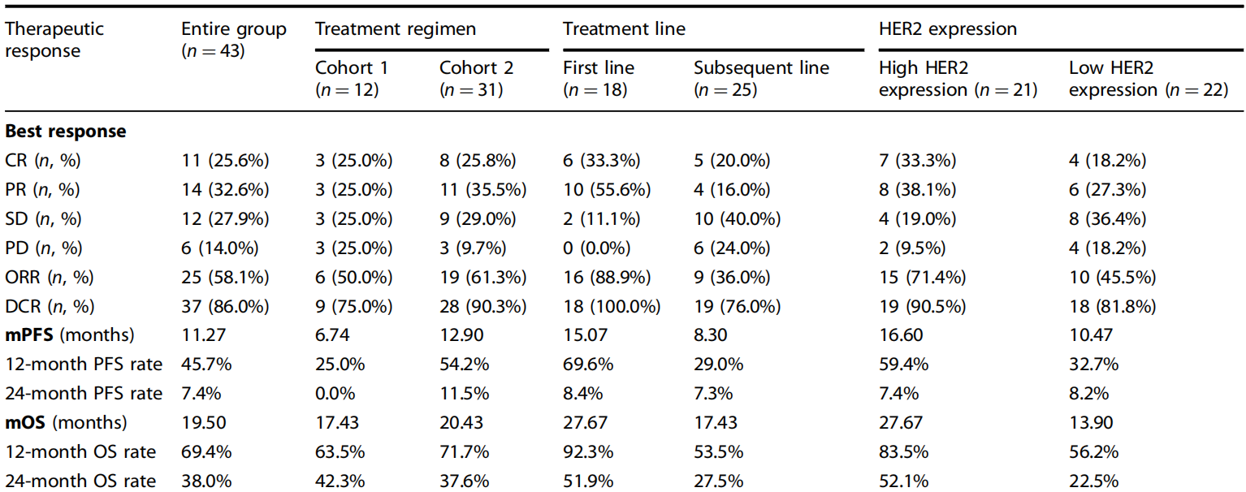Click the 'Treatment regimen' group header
tap(396, 29)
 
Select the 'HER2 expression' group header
tap(948, 29)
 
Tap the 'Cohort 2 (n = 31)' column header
tap(476, 79)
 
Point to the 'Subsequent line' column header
tap(762, 68)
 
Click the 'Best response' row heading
tap(66, 132)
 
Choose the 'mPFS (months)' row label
tap(70, 334)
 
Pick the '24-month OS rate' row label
tap(80, 481)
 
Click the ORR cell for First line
tap(607, 277)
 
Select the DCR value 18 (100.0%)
tap(612, 306)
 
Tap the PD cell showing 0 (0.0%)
tap(597, 248)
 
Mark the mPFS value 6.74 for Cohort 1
tap(332, 334)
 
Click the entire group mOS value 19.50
tap(204, 422)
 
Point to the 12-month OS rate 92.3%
tap(588, 451)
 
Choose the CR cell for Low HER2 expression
tap(1107, 160)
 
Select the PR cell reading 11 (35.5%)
tap(482, 189)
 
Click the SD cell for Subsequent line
tap(737, 218)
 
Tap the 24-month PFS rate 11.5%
tap(464, 394)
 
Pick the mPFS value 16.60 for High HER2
tap(901, 334)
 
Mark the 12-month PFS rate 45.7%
tap(206, 365)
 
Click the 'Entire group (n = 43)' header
tap(234, 40)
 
